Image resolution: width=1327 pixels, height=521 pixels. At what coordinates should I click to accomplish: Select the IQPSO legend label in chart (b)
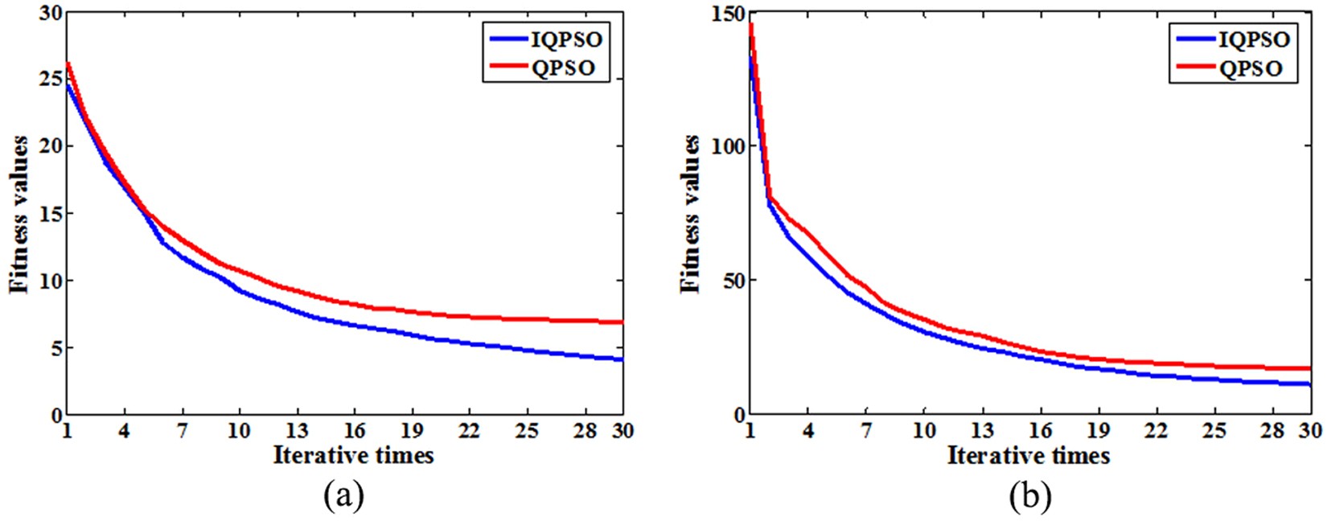pos(1254,39)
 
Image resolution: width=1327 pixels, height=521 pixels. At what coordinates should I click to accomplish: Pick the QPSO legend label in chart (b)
pos(1251,68)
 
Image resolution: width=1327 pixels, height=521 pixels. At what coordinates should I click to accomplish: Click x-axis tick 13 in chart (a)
pos(298,432)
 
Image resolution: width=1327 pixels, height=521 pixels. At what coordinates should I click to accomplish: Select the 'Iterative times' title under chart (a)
pos(353,456)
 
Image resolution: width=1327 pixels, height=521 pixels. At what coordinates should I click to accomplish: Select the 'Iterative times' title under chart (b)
pos(1029,456)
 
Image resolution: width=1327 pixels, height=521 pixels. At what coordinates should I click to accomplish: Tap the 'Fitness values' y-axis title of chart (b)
pos(690,215)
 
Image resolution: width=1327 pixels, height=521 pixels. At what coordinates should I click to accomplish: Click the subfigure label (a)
pos(344,497)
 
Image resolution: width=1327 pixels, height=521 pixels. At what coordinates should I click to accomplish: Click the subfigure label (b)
pos(1030,497)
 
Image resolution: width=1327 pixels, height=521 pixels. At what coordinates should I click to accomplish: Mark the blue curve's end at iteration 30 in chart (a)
pos(622,359)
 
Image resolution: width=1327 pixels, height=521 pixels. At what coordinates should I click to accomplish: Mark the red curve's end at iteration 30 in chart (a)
pos(622,322)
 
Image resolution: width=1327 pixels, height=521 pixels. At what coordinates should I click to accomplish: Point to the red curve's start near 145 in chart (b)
pos(750,25)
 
